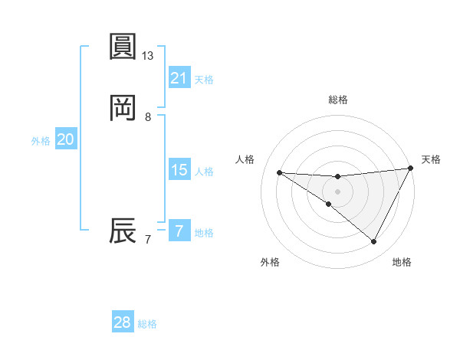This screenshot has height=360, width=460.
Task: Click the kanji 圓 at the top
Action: click(x=123, y=47)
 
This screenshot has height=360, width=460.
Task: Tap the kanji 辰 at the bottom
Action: click(x=123, y=231)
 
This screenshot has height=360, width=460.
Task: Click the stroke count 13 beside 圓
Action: click(x=148, y=56)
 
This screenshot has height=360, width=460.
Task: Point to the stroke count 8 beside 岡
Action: click(x=148, y=117)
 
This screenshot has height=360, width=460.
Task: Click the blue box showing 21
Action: click(x=179, y=77)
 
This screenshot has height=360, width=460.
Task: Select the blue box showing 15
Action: click(x=179, y=170)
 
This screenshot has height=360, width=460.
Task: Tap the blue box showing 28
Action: click(x=123, y=322)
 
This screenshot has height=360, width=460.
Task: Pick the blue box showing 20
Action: click(x=66, y=139)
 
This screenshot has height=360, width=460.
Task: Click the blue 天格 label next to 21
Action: click(x=204, y=79)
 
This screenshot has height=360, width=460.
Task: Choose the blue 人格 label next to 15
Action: click(x=204, y=172)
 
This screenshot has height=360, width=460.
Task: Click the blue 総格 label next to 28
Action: click(x=147, y=324)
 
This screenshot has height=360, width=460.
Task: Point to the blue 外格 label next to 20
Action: click(x=41, y=141)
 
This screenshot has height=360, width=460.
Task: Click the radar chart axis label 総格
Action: click(x=337, y=100)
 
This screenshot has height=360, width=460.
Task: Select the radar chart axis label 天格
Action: click(x=431, y=159)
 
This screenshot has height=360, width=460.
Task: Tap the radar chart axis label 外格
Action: click(x=270, y=262)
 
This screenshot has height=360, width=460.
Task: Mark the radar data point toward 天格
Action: click(x=410, y=169)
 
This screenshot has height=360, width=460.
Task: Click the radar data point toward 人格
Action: click(x=280, y=172)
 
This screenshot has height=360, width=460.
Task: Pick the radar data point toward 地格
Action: click(x=374, y=242)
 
